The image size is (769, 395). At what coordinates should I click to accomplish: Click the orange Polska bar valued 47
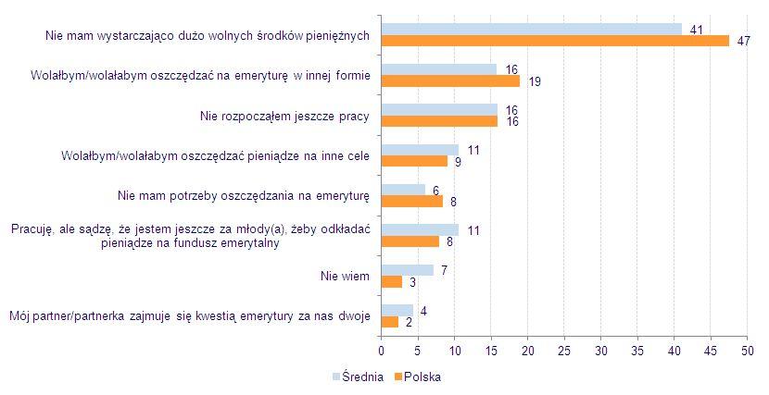555,41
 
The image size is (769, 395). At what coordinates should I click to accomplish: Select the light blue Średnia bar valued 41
532,30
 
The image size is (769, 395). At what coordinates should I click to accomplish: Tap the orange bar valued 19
450,81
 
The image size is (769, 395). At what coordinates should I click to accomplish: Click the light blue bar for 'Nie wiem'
407,270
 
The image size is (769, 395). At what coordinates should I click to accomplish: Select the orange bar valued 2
389,321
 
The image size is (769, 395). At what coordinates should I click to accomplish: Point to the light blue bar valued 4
397,310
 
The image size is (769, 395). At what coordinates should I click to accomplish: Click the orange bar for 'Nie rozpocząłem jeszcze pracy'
439,121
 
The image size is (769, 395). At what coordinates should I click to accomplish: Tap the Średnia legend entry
357,377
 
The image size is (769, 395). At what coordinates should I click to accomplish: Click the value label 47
743,42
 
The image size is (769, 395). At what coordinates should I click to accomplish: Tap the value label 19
535,82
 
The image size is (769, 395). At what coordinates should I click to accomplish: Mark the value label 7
446,269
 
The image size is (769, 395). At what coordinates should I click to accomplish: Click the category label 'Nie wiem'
345,276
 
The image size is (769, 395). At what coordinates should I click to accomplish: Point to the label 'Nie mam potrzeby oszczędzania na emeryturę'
244,195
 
